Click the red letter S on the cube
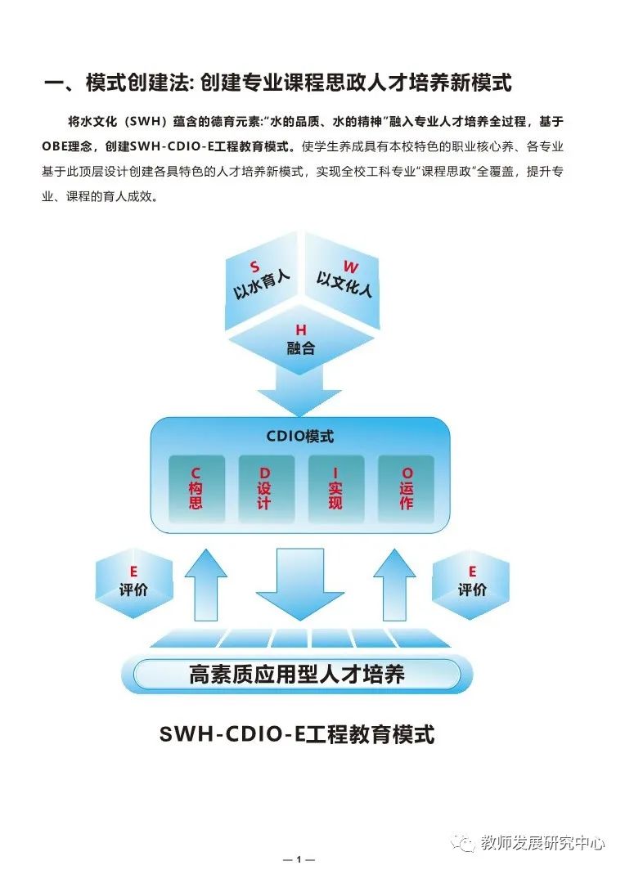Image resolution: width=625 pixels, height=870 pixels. [x=254, y=267]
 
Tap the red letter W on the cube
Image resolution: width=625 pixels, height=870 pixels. [x=351, y=267]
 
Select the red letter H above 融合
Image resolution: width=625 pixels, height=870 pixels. [x=301, y=330]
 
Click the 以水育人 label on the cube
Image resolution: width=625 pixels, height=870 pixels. [x=261, y=285]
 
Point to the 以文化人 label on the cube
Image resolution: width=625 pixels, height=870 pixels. [x=344, y=284]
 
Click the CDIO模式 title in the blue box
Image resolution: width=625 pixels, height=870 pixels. [x=299, y=436]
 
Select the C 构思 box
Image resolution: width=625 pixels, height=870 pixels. [x=196, y=489]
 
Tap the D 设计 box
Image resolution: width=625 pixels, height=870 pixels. [x=266, y=489]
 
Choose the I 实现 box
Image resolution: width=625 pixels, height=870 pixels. [x=335, y=489]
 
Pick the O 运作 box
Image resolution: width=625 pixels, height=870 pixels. [x=406, y=489]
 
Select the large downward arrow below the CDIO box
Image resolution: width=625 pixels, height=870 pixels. [x=299, y=585]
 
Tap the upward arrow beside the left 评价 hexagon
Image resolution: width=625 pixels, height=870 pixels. [x=206, y=585]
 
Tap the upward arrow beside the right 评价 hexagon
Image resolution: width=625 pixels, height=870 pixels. [x=394, y=585]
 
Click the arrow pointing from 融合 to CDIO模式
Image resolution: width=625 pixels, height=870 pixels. [x=299, y=391]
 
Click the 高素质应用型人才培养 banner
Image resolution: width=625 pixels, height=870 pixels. [x=297, y=674]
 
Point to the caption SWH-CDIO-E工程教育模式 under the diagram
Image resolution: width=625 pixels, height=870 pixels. [x=297, y=734]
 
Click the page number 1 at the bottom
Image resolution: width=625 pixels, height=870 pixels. [x=299, y=859]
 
